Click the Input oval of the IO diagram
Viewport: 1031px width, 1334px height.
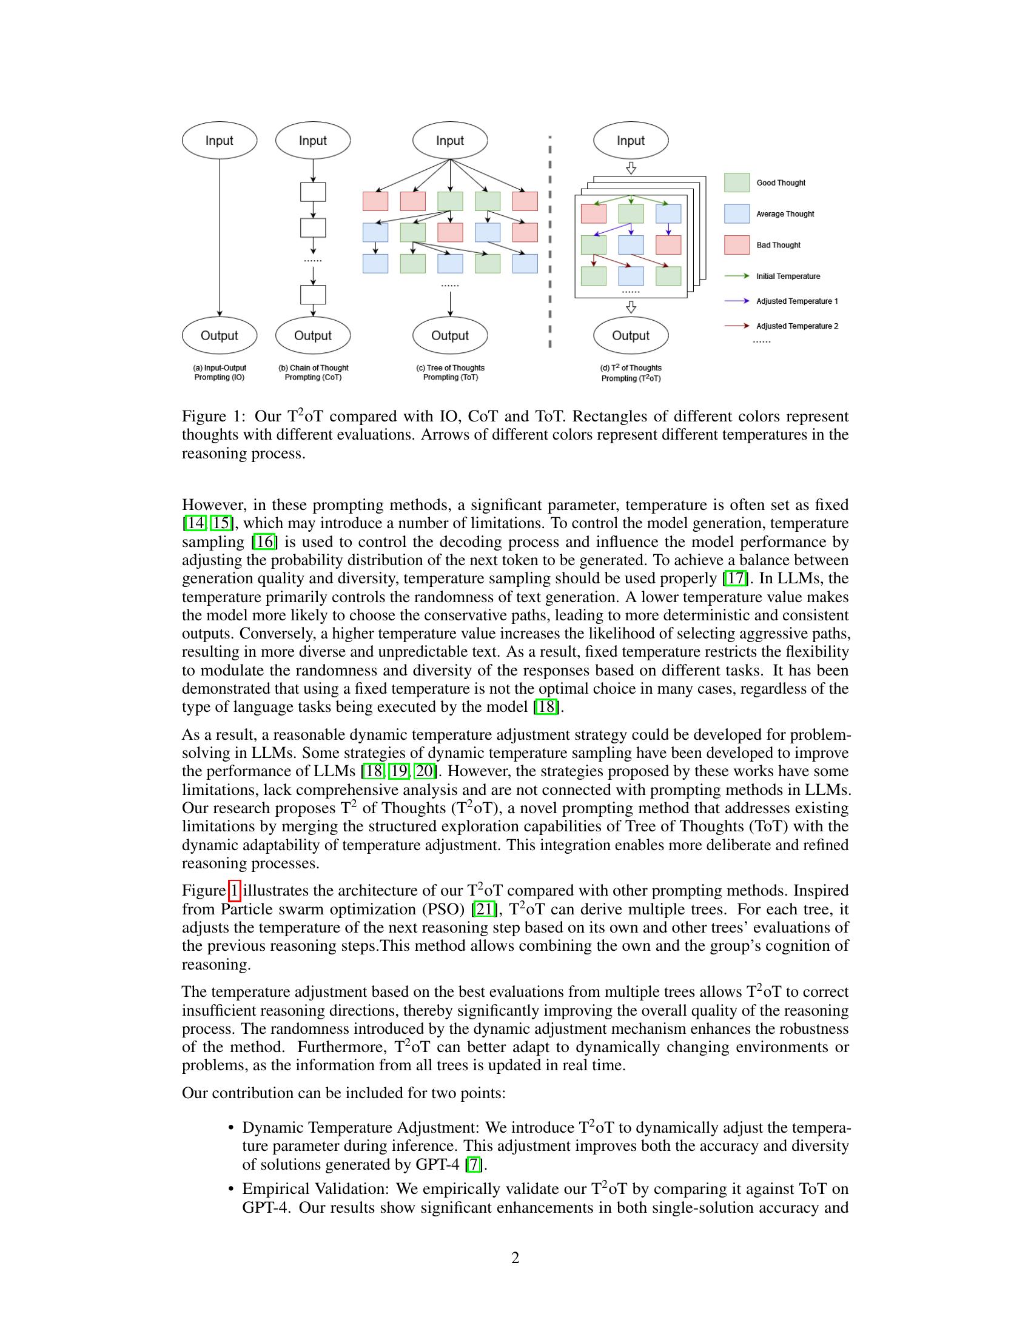point(220,141)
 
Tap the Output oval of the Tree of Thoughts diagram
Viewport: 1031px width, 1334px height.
point(450,335)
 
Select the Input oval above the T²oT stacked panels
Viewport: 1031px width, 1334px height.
point(631,141)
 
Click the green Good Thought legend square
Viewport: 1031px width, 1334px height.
point(737,183)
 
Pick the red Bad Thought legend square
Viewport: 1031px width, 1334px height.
point(737,245)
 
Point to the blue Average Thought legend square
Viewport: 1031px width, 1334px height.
point(737,214)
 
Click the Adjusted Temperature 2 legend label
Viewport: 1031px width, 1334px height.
point(797,326)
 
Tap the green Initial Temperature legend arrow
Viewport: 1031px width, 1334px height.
point(737,276)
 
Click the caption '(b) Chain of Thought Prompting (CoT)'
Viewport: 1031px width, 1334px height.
point(314,372)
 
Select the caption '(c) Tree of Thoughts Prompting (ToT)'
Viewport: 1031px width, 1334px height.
point(450,372)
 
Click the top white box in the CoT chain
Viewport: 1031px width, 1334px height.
point(313,192)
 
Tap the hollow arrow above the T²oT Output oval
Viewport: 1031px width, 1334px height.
point(631,307)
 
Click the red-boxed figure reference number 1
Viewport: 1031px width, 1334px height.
point(235,891)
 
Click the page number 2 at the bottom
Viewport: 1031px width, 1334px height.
point(515,1258)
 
